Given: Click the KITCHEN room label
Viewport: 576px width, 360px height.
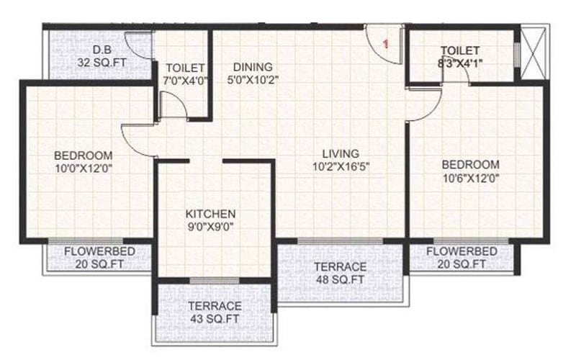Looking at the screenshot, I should tap(210, 215).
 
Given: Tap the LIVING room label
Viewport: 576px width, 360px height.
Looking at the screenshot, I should tap(341, 154).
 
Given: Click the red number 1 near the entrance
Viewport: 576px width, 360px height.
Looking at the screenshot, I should tap(387, 44).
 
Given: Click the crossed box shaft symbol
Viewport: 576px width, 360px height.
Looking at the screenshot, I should tap(534, 53).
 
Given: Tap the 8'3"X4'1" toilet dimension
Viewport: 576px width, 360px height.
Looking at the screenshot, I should tap(460, 63).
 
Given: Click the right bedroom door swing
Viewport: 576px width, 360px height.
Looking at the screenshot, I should tap(423, 105).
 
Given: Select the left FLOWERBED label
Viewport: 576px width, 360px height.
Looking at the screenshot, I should tap(99, 252).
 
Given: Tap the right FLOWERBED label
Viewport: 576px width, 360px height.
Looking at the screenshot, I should tap(462, 251).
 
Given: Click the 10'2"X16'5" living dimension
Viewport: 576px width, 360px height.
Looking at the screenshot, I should tap(341, 166).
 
